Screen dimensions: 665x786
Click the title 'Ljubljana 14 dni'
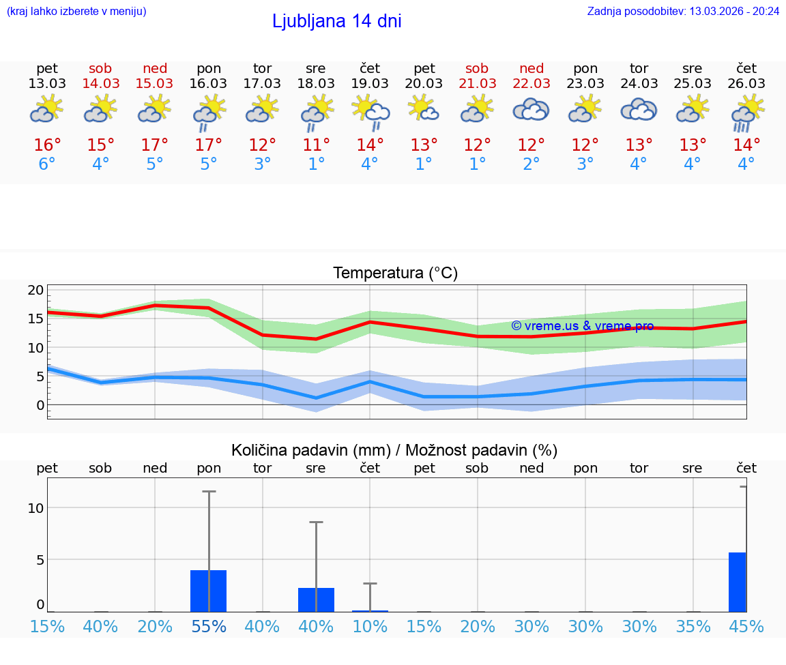coord(336,21)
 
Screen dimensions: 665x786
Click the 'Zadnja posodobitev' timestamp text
coord(683,11)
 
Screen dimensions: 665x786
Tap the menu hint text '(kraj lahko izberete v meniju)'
coord(76,11)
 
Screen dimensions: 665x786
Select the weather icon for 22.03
coord(531,110)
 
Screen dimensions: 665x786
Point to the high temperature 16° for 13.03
coord(47,145)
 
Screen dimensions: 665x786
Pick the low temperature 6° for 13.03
coord(47,164)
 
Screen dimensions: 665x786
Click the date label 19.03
coord(370,83)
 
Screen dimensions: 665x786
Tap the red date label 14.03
coord(100,83)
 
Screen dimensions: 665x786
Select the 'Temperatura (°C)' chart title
coord(395,274)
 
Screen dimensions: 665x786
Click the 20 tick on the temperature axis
coord(35,290)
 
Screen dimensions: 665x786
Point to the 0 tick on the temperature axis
coord(40,405)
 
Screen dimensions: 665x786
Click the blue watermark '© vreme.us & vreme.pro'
coord(582,326)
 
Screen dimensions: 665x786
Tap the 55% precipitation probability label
coord(209,626)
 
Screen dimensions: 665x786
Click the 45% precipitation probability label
coord(746,626)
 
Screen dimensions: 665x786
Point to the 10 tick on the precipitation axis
coord(35,508)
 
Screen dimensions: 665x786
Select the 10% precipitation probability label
coord(370,626)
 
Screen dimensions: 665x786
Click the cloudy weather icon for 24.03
coord(639,110)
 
